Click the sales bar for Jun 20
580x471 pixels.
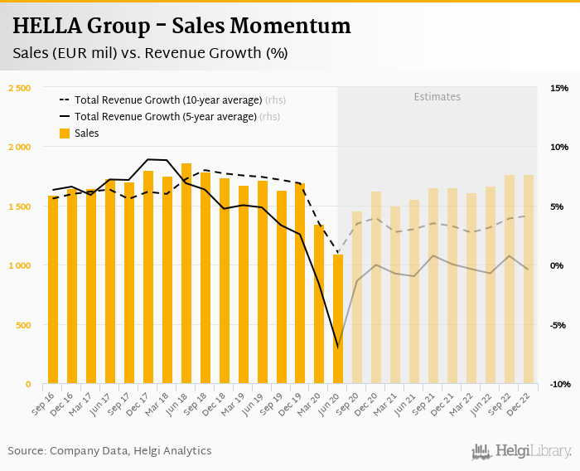338,319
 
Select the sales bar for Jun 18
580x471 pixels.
186,274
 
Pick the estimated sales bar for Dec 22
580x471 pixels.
529,279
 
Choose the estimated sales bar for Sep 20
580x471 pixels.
357,298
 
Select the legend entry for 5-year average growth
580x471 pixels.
166,117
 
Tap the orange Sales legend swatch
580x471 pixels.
65,134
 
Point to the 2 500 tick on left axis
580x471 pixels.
19,88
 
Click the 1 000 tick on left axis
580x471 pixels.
19,265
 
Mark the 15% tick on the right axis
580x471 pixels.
559,88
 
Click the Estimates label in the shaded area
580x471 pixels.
437,97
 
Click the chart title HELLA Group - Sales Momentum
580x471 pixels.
181,27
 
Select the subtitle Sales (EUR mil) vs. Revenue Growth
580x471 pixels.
150,53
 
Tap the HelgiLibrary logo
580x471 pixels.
522,451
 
